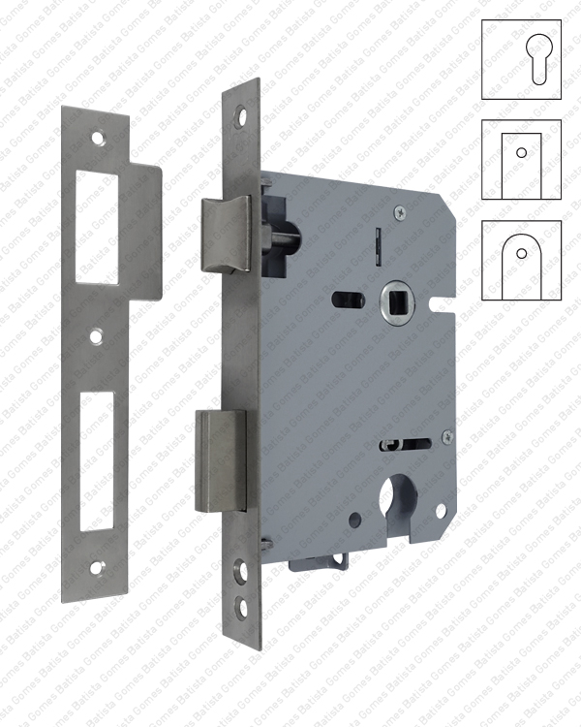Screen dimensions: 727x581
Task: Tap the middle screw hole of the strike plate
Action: point(96,338)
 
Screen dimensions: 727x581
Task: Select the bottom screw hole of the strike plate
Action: point(96,568)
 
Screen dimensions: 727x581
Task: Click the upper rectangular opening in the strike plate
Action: point(97,227)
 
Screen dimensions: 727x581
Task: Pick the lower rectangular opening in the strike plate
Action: point(96,460)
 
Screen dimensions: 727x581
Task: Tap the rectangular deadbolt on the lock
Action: point(220,459)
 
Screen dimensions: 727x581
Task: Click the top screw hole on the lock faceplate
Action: point(242,116)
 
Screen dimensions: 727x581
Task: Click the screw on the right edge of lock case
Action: point(445,437)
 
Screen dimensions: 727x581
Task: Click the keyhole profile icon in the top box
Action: point(521,60)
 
